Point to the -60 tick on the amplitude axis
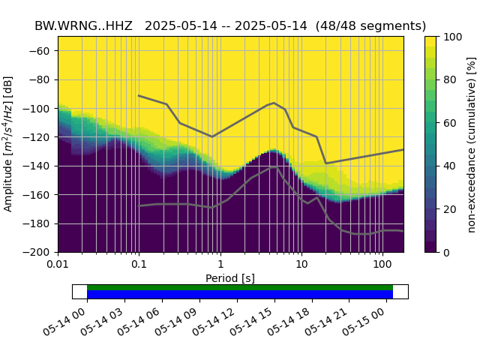43,51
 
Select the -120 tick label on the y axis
40,137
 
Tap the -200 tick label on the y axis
40,252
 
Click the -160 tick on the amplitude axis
40,195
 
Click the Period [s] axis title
230,278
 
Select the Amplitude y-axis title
8,144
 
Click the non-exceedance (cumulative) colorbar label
471,144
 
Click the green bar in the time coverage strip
240,287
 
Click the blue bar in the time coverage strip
240,294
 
